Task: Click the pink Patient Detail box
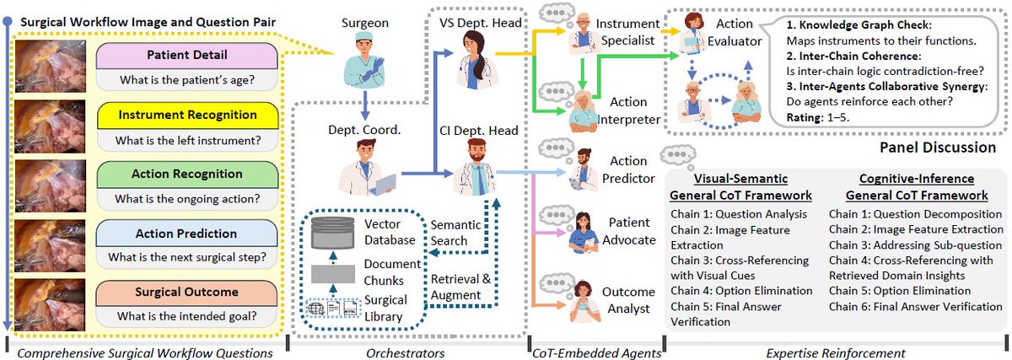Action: tap(187, 56)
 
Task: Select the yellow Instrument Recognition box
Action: tap(187, 116)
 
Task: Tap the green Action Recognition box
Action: tap(187, 175)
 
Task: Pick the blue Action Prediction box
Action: tap(186, 234)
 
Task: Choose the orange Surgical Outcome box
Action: tap(186, 293)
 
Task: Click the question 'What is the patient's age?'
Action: tap(187, 80)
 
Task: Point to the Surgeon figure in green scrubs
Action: tap(363, 60)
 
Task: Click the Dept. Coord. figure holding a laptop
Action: tap(367, 167)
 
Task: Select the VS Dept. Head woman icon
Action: tap(476, 60)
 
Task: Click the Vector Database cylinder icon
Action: tap(333, 233)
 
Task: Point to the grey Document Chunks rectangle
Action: tap(333, 274)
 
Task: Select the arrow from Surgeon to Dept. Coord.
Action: tap(364, 105)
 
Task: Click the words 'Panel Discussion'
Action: tap(938, 148)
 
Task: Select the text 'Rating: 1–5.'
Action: tap(818, 118)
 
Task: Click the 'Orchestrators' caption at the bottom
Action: tap(406, 352)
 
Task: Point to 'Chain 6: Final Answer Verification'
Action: tap(915, 307)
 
